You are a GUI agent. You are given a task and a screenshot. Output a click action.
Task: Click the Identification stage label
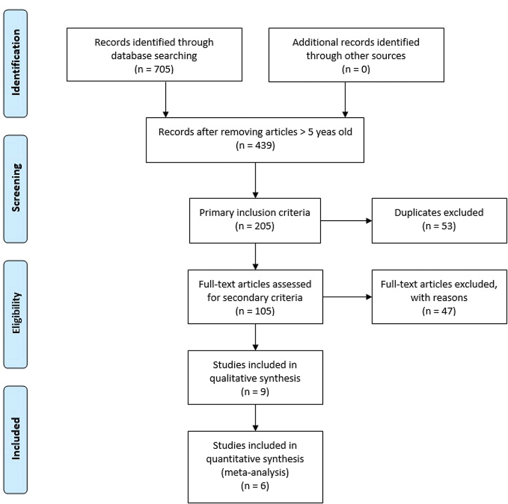click(16, 63)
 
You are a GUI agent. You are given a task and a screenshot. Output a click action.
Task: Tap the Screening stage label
click(16, 188)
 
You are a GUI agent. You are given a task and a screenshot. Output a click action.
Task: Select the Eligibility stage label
click(16, 313)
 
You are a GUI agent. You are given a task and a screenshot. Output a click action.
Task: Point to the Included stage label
click(16, 438)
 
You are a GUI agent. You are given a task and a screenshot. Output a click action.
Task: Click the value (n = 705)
click(154, 69)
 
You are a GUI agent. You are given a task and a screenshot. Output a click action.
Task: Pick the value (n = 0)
click(356, 69)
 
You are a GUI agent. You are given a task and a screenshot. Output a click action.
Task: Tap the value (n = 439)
click(255, 146)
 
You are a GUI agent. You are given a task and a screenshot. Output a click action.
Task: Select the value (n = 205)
click(255, 226)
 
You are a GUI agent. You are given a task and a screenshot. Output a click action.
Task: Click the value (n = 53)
click(439, 226)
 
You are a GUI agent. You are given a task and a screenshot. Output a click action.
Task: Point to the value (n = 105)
click(255, 311)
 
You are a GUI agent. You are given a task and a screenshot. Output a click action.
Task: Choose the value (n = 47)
click(439, 311)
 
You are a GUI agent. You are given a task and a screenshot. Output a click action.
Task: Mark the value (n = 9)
click(255, 392)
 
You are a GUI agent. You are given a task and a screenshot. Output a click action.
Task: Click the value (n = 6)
click(255, 486)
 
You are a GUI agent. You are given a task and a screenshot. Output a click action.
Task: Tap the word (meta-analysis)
click(255, 473)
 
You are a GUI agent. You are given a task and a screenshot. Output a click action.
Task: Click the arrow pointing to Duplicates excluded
click(346, 221)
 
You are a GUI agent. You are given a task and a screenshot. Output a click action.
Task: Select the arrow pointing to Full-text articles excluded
click(347, 297)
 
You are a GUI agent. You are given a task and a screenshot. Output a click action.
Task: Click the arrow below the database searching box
click(165, 99)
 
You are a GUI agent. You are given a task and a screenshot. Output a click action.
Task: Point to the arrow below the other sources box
click(345, 100)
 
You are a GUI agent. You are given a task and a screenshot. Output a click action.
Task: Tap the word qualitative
click(231, 378)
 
